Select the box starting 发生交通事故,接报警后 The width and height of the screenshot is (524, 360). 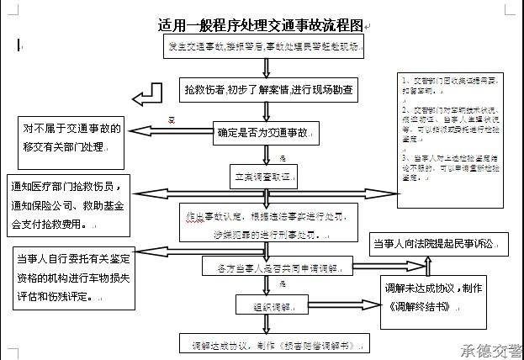(262, 47)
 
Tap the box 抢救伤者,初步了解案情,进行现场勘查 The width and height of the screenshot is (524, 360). (269, 88)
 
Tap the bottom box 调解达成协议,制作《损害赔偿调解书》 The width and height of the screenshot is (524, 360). (262, 344)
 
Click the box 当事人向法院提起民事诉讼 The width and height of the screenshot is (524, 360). (441, 244)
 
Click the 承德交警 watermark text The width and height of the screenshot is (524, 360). (490, 350)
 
